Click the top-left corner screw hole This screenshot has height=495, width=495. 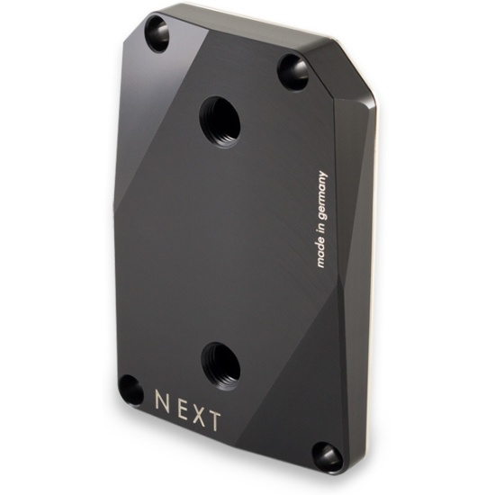(x=157, y=34)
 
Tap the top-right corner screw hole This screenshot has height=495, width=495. (x=293, y=72)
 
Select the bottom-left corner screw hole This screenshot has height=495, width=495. (x=131, y=391)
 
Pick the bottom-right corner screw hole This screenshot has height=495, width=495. (x=328, y=456)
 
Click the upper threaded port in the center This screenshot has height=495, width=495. (x=220, y=121)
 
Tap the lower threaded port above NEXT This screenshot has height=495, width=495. (x=220, y=366)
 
